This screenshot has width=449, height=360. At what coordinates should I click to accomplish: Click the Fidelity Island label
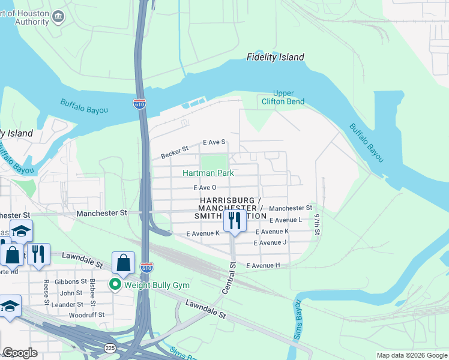275,58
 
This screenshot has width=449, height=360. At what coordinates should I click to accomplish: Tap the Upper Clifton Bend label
283,97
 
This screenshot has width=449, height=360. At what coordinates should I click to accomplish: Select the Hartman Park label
208,173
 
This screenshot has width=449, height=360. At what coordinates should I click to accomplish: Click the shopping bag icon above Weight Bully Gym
123,262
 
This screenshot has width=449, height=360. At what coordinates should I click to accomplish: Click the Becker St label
175,152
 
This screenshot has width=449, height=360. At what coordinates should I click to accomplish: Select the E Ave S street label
214,142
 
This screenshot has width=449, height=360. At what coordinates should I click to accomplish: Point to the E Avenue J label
270,243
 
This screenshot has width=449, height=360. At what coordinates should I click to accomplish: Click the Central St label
229,278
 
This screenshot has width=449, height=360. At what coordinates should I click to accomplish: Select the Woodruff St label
86,314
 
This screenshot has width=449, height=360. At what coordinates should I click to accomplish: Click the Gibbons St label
71,281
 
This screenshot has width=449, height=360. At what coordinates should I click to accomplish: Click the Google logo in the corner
20,353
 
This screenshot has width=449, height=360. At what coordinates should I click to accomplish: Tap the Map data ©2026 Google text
411,355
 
